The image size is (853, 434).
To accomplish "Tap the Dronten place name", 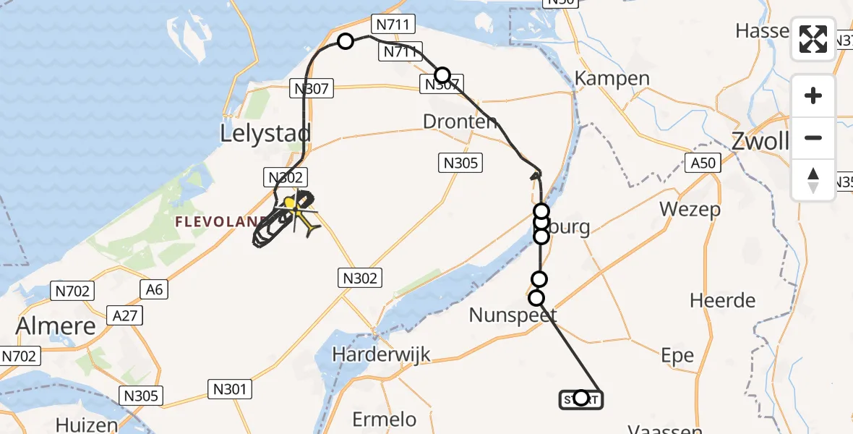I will [x=460, y=122].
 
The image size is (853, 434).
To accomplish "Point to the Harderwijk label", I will [x=382, y=354].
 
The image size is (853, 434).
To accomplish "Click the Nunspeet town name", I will [x=513, y=315].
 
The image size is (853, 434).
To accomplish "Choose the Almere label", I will [x=56, y=325].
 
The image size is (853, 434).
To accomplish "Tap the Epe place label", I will [x=677, y=355].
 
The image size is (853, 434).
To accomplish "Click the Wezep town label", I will [x=690, y=210].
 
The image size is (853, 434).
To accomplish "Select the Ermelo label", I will [x=384, y=419].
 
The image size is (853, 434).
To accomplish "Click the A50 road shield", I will [x=703, y=163].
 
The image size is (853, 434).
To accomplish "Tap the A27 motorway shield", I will [x=124, y=315].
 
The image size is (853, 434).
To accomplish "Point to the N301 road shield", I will [x=231, y=390].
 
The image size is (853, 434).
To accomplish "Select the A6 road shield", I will [x=155, y=290].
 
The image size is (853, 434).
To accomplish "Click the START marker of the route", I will [x=580, y=399].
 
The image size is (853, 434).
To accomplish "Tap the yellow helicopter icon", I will [x=293, y=205].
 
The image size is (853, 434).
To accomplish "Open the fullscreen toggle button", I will [x=813, y=39].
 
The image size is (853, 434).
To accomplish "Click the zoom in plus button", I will [x=813, y=95].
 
